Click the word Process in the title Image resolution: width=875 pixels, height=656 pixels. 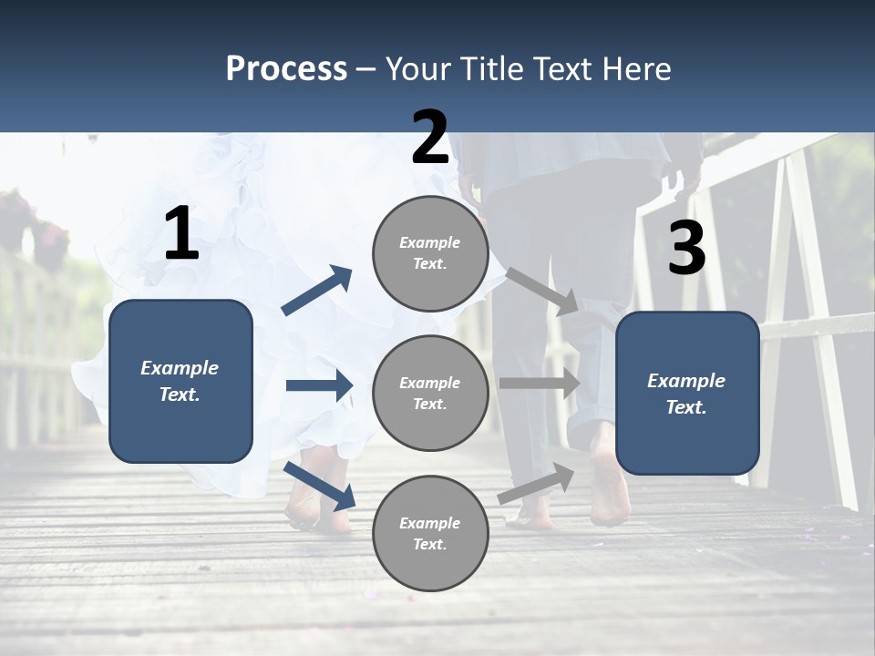286,68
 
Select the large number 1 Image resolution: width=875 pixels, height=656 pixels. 181,234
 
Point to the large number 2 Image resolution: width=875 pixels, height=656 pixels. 430,138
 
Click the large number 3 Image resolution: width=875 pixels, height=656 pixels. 686,250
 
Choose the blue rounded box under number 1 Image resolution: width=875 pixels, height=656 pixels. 180,381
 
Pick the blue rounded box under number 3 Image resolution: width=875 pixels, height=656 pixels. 687,393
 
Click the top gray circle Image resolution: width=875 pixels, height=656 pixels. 430,253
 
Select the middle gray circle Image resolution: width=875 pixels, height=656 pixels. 430,393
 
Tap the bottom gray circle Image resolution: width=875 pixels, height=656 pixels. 430,533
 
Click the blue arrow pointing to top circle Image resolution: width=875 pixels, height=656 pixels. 317,291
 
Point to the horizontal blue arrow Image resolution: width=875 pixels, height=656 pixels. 319,385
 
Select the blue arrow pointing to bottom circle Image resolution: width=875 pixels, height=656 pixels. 320,487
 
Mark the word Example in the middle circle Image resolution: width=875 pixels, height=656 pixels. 429,383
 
